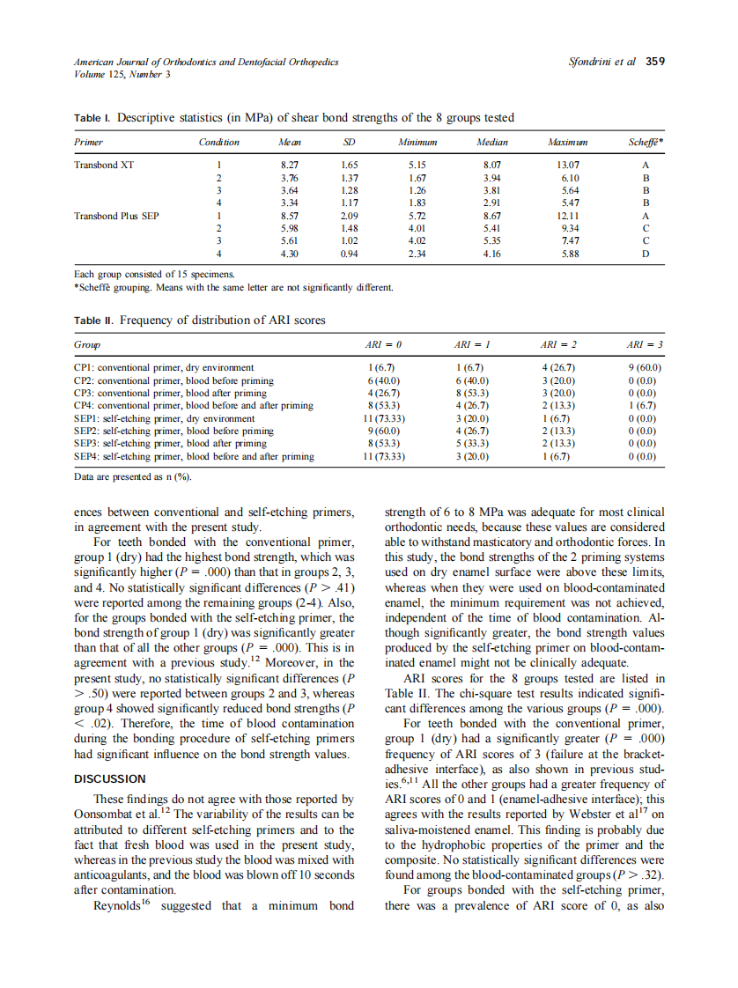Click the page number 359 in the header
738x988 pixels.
[655, 62]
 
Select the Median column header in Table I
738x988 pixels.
[491, 142]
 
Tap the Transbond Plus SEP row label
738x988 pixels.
[116, 214]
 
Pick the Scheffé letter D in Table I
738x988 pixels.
[646, 254]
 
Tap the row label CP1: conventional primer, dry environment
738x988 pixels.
[164, 367]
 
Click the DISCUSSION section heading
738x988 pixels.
[110, 778]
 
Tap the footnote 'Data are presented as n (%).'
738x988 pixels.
[133, 476]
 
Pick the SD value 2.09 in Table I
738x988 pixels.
[350, 214]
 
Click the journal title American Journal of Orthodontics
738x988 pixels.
[194, 62]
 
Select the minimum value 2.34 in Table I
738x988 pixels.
[417, 254]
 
